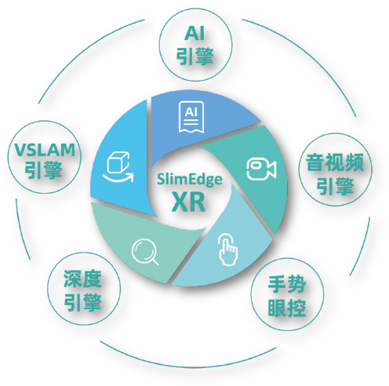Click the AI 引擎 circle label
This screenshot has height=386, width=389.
pos(194,45)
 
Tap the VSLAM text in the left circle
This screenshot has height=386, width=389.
pos(45,150)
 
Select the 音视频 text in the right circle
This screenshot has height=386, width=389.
pos(335,162)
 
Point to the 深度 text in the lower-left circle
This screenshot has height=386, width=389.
pos(82,279)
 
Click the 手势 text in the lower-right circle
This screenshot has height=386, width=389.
pos(287,284)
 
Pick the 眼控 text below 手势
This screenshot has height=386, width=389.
pos(287,308)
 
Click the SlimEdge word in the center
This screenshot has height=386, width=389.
pos(190,180)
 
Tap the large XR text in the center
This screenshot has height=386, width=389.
pos(188,202)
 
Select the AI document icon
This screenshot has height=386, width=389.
pos(191,117)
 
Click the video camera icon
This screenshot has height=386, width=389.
pos(262,169)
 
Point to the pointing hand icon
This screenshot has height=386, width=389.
pos(228,249)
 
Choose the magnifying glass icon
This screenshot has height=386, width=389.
pos(145,253)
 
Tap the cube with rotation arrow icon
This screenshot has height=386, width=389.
pos(118,167)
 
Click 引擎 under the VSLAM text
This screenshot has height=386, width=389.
pos(43,170)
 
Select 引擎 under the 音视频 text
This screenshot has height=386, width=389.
pos(335,186)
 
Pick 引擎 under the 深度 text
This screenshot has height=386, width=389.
pos(82,303)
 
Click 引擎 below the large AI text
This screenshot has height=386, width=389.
pos(195,56)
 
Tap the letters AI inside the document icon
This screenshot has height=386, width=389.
pos(191,112)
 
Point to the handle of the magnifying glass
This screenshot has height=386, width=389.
pos(155,262)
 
